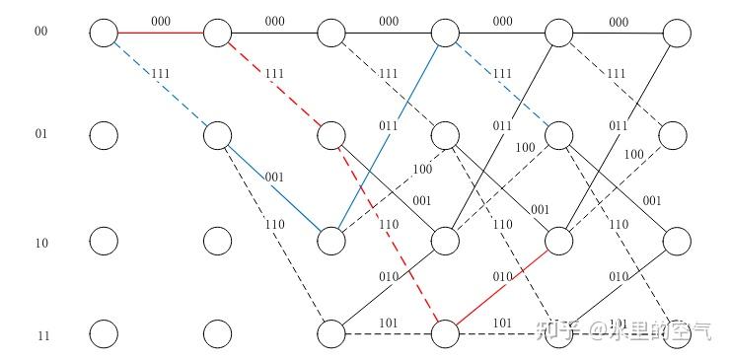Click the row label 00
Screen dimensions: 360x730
click(40, 32)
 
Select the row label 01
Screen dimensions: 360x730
click(40, 134)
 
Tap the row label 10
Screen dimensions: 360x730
click(40, 242)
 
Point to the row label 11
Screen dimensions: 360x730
click(41, 336)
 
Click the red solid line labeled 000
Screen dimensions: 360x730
click(160, 34)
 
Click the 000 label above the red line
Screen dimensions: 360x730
click(160, 20)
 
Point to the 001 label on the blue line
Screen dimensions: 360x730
click(274, 177)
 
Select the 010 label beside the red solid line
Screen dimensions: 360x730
click(502, 276)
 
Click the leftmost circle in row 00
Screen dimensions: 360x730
click(103, 34)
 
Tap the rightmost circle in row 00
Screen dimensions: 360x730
click(676, 34)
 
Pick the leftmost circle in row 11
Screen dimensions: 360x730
click(103, 334)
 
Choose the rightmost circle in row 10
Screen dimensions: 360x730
click(676, 241)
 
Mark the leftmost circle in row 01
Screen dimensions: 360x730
click(103, 135)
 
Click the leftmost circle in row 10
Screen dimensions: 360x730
click(103, 241)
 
